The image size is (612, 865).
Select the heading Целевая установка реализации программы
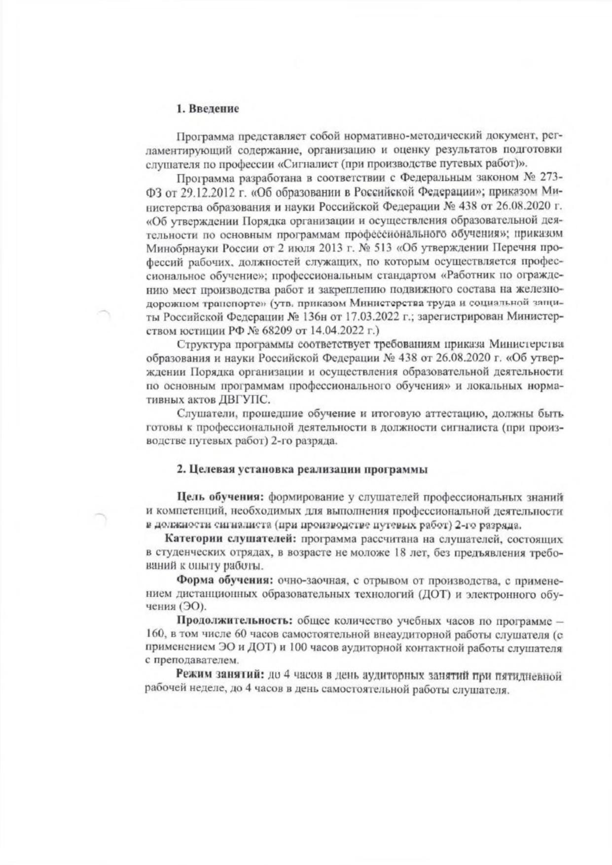[x=301, y=469]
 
